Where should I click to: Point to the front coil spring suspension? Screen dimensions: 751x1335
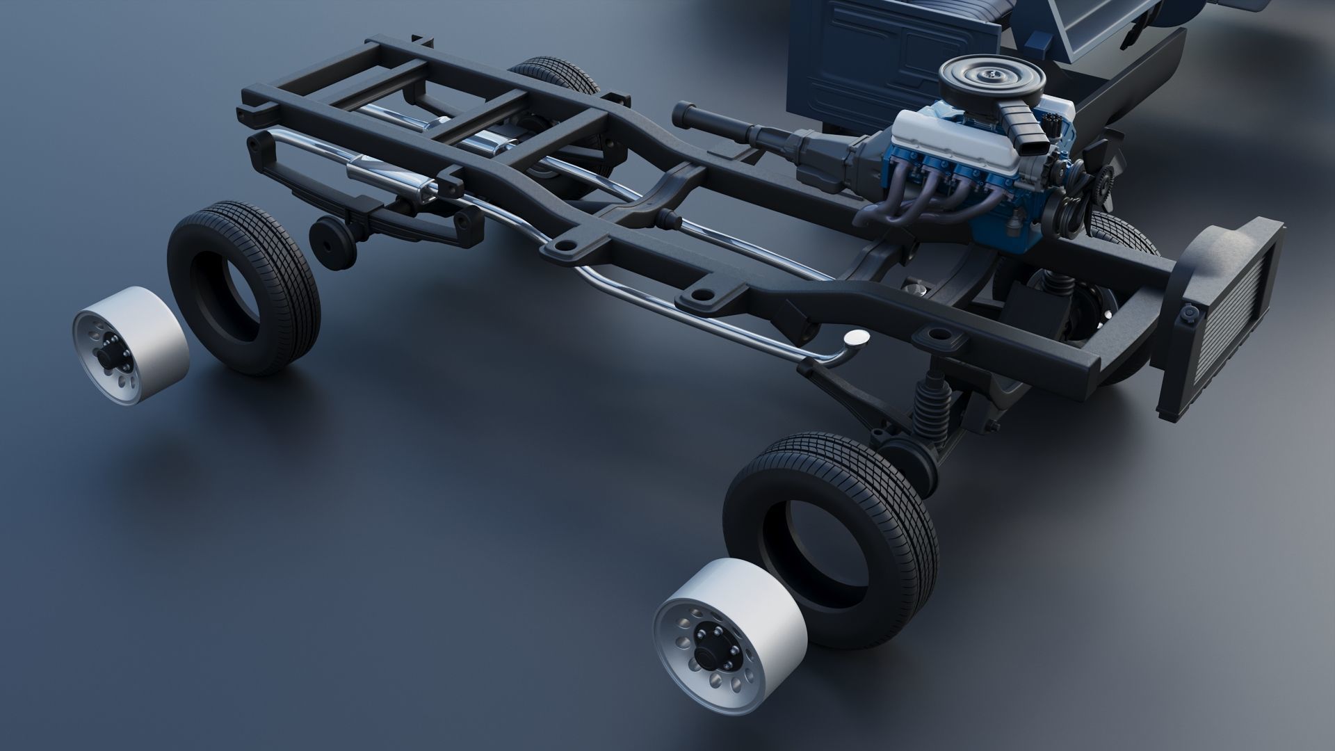(x=929, y=411)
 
